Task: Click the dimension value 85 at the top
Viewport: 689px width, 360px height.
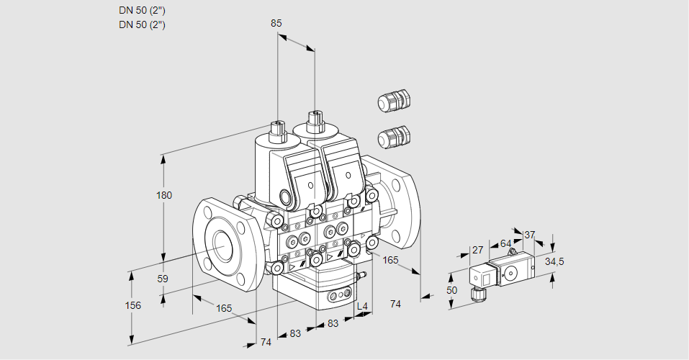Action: (x=276, y=23)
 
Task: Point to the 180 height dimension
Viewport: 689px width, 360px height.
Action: (x=165, y=195)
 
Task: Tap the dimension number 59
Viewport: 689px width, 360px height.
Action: (x=163, y=279)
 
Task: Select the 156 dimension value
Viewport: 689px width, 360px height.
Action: (x=132, y=305)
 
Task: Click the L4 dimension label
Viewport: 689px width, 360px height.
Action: (x=362, y=307)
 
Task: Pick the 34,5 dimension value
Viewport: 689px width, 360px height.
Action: (x=554, y=261)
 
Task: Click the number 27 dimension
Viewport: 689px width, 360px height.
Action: (x=477, y=250)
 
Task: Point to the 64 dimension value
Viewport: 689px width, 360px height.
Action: (x=505, y=243)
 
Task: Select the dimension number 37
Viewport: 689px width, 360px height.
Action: (x=529, y=235)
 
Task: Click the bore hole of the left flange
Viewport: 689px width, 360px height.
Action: (x=220, y=247)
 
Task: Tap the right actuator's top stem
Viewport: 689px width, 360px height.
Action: (x=315, y=120)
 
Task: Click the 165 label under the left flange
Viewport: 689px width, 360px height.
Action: (x=224, y=308)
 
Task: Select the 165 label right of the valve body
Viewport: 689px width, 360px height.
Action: (x=390, y=259)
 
